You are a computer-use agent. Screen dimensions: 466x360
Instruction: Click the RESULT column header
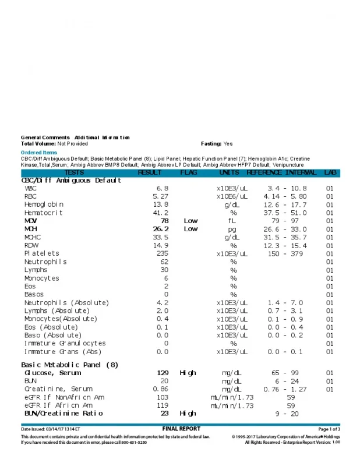(x=150, y=172)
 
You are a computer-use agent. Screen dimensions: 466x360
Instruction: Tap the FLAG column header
(x=189, y=172)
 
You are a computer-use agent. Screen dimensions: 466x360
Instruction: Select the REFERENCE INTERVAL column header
(x=281, y=172)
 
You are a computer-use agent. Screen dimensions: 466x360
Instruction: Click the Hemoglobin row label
(x=44, y=204)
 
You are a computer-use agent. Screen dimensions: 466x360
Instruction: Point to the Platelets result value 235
(x=163, y=253)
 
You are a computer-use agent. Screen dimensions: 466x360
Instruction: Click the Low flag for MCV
(x=191, y=221)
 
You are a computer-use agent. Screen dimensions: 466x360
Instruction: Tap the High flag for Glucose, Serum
(x=188, y=373)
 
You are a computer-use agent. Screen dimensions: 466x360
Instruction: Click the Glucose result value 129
(x=163, y=373)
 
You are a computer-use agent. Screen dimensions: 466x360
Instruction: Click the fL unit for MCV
(x=232, y=221)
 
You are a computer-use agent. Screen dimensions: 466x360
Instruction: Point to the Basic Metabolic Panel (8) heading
(x=69, y=365)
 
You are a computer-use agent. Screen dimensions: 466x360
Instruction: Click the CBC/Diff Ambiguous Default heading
(x=71, y=181)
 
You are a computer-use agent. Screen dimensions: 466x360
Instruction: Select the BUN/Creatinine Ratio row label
(x=63, y=413)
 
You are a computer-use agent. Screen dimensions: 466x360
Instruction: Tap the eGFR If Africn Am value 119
(x=163, y=405)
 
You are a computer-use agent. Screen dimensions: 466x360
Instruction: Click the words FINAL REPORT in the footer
(x=181, y=429)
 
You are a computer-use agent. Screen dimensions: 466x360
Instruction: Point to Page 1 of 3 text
(x=329, y=429)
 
